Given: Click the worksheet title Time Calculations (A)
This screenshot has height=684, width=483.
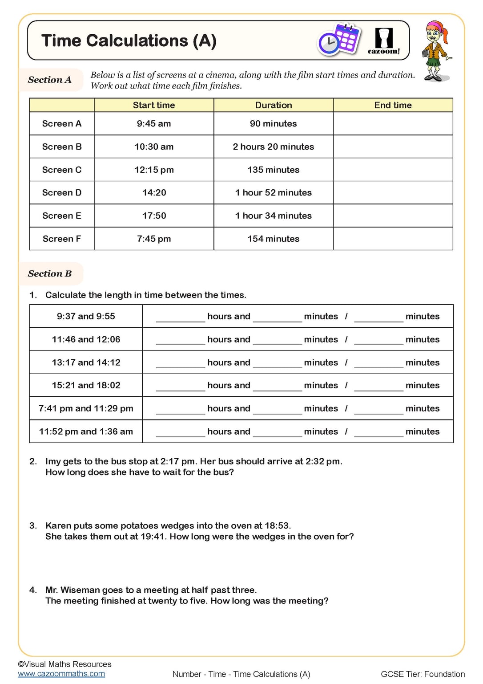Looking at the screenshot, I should click(129, 41).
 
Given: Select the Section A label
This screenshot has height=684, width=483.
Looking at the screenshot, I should click(49, 80).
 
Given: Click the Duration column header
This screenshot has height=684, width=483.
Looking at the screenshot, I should click(273, 105).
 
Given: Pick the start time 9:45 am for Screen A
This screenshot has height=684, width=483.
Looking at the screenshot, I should click(154, 124).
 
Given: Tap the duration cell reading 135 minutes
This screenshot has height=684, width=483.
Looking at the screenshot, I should click(273, 170).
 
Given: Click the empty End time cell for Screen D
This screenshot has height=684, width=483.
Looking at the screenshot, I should click(393, 193).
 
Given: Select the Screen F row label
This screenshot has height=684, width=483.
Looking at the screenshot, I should click(62, 239).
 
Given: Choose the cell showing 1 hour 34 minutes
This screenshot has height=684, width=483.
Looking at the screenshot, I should click(273, 216).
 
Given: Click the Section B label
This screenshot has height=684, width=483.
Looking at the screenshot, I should click(49, 273).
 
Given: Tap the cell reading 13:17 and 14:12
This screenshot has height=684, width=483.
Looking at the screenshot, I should click(86, 362).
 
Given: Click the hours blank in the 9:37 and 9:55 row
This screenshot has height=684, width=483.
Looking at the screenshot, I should click(180, 317).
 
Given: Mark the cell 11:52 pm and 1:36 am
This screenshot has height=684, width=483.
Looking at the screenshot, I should click(86, 432).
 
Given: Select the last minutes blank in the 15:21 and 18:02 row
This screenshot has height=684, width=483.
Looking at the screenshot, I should click(378, 386).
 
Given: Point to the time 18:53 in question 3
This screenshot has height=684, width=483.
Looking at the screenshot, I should click(277, 525).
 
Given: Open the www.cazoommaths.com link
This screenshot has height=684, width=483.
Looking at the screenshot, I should click(61, 674).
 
